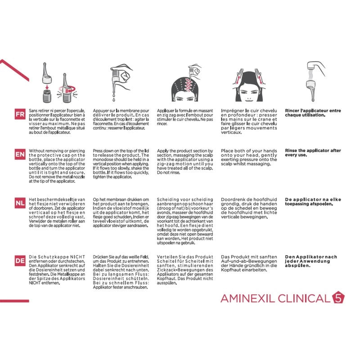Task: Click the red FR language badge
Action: [x=20, y=114]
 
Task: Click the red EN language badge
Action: [x=20, y=155]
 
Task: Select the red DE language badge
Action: [x=20, y=261]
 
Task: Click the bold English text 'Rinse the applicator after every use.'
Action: [x=313, y=153]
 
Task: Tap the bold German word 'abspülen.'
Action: [x=297, y=266]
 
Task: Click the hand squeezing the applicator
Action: [x=121, y=73]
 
